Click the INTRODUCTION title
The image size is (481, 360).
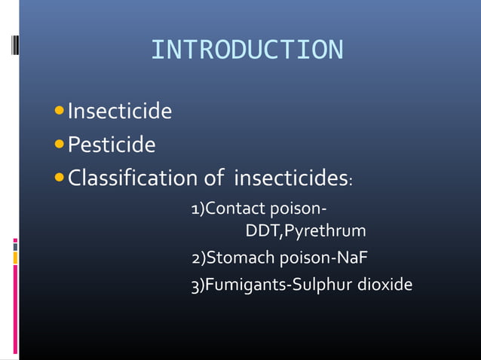pos(247,50)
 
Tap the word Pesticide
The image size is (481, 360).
pos(112,144)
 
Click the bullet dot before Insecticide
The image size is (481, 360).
pos(61,113)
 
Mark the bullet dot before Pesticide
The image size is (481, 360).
pos(61,144)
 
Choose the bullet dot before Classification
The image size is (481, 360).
pos(61,179)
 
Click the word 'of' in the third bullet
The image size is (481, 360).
pos(213,179)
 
